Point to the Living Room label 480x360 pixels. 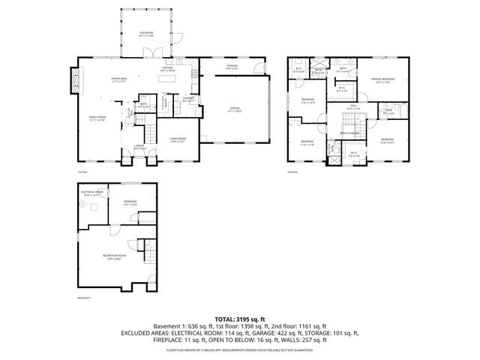tap(178, 139)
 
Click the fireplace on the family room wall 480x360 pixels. tap(73, 79)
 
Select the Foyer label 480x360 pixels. tap(140, 148)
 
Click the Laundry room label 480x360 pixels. tap(189, 99)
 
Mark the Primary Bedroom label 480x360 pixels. tap(384, 81)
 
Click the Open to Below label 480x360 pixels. tap(349, 133)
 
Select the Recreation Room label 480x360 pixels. tap(114, 257)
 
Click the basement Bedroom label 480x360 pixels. tap(130, 202)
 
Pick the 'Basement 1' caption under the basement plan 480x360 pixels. tap(84, 298)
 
